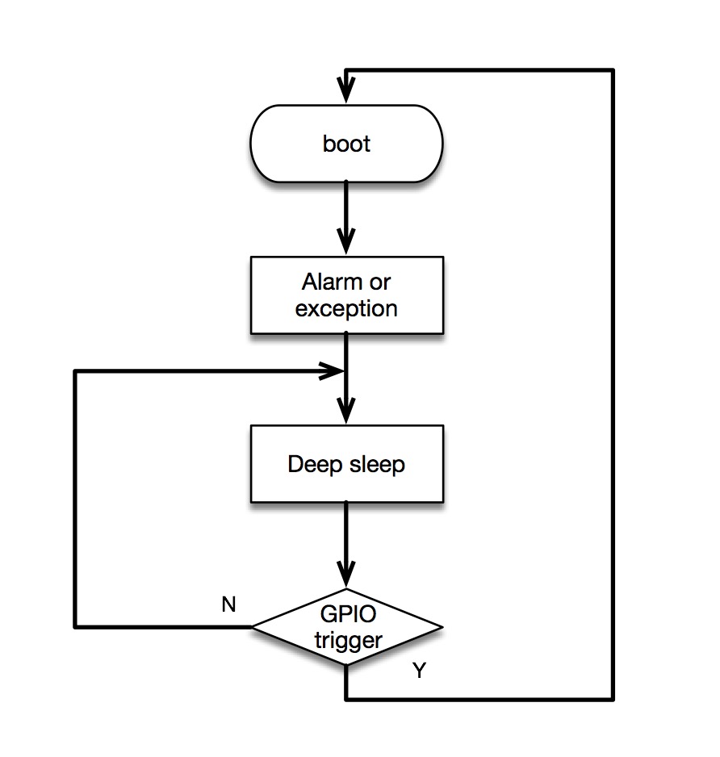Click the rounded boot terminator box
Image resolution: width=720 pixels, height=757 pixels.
[347, 144]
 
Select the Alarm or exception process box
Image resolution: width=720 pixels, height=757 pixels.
[347, 295]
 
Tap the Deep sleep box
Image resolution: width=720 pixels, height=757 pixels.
[347, 464]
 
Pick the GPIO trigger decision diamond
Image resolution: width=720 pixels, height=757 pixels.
[347, 627]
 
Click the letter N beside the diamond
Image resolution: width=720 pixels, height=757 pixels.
[228, 605]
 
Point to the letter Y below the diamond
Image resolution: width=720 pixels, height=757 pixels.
[419, 671]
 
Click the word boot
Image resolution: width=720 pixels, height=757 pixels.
[347, 144]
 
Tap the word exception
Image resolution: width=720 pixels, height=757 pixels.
[347, 309]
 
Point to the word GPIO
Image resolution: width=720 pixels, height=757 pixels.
[347, 615]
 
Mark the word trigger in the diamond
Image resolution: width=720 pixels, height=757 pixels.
[347, 641]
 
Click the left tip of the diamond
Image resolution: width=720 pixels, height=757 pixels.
[254, 627]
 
